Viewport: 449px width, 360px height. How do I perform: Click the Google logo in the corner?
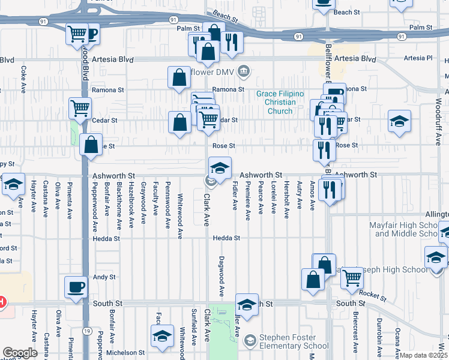click(x=20, y=353)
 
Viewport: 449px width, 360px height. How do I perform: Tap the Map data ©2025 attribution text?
click(x=423, y=355)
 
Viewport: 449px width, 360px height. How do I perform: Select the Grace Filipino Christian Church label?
click(x=280, y=102)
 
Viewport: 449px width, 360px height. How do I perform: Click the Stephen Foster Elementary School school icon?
click(x=250, y=341)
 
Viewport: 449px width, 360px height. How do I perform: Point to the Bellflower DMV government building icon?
click(x=244, y=71)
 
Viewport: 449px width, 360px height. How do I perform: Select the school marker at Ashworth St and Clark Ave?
click(x=220, y=167)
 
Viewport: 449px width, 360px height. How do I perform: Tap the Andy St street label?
click(x=104, y=277)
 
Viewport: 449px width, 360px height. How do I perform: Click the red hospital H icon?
click(x=2, y=302)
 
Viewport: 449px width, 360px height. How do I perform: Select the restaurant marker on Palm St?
click(x=230, y=42)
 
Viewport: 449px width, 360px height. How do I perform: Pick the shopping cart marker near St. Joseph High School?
click(x=351, y=277)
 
